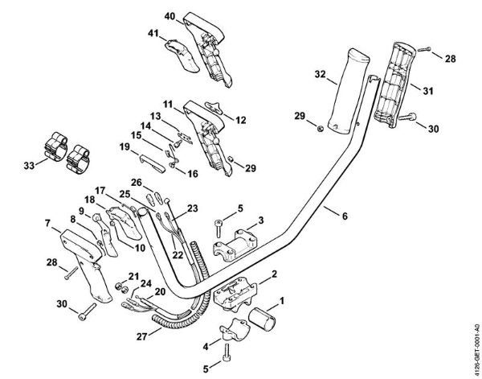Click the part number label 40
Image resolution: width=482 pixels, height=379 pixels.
click(x=169, y=16)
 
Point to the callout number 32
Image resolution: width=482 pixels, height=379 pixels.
click(x=320, y=75)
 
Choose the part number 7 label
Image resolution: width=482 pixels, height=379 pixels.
click(x=48, y=222)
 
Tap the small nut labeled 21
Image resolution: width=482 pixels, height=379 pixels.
click(x=119, y=286)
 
